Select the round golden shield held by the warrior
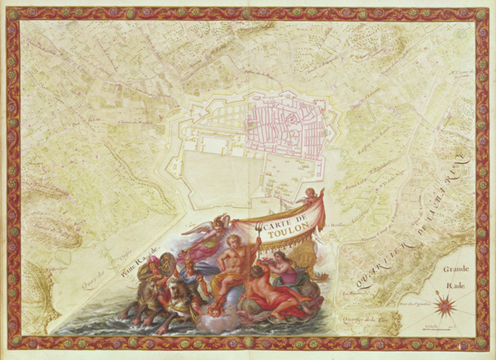pyautogui.click(x=168, y=262)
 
